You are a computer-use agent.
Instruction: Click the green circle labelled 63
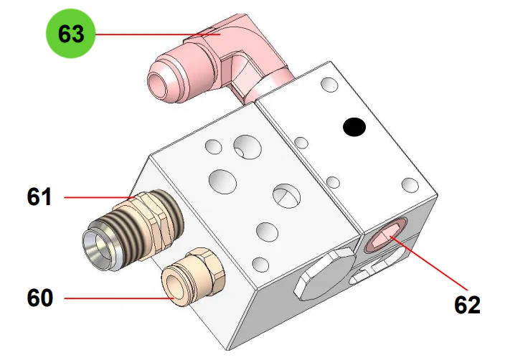point(71,34)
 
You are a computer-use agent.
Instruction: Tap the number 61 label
point(39,196)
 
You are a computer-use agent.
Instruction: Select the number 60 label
point(40,298)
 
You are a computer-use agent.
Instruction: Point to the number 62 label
point(467,304)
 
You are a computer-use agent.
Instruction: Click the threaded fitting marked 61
point(133,229)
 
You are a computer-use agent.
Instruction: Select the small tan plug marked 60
point(192,277)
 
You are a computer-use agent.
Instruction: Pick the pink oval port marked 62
point(385,235)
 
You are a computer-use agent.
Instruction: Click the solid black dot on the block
point(354,127)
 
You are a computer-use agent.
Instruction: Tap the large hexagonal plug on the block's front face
point(325,274)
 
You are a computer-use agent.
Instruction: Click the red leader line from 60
point(119,298)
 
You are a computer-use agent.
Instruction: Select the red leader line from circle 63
point(158,34)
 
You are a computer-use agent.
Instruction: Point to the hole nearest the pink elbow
point(330,85)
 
